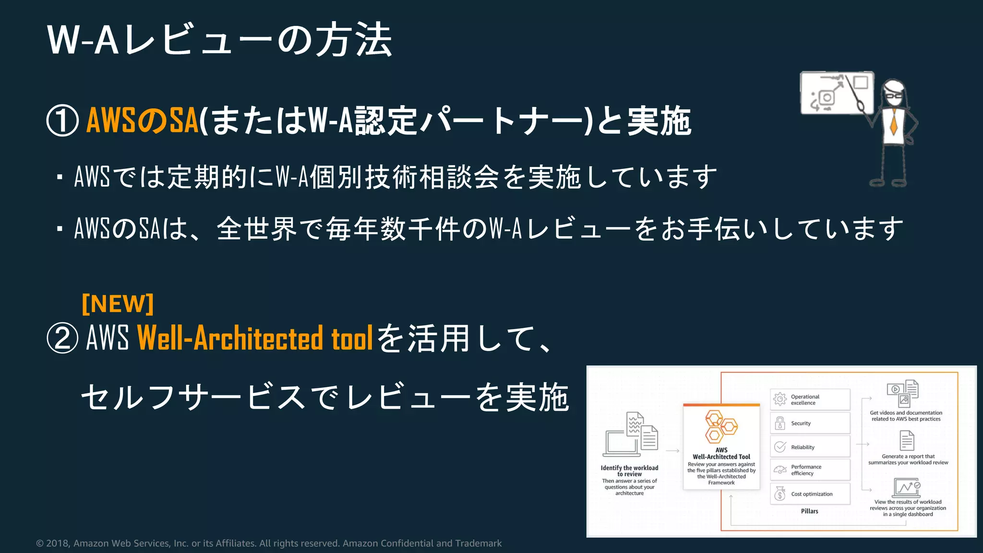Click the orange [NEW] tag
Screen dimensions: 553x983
tap(118, 303)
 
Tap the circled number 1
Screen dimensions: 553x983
tap(62, 121)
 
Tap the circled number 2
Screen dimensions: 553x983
tap(62, 338)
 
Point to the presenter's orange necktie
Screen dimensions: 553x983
tap(894, 122)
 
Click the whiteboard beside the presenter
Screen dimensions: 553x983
tap(837, 93)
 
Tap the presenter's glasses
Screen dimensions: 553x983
tap(894, 95)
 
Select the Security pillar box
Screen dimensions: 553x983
tap(810, 423)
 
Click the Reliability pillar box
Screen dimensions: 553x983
tap(810, 447)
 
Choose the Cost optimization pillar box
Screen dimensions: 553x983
tap(810, 494)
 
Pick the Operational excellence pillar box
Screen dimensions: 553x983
tap(810, 399)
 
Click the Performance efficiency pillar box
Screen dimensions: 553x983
tap(810, 470)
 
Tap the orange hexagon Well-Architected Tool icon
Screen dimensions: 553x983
tap(720, 426)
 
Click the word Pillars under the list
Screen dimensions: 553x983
tap(809, 511)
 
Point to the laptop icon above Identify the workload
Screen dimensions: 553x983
tap(621, 443)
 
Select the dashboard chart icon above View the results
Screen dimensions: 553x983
tap(906, 488)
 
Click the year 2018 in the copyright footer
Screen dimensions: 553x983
tap(57, 543)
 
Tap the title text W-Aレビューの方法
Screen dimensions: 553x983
tap(219, 40)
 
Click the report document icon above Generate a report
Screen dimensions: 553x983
tap(907, 441)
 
